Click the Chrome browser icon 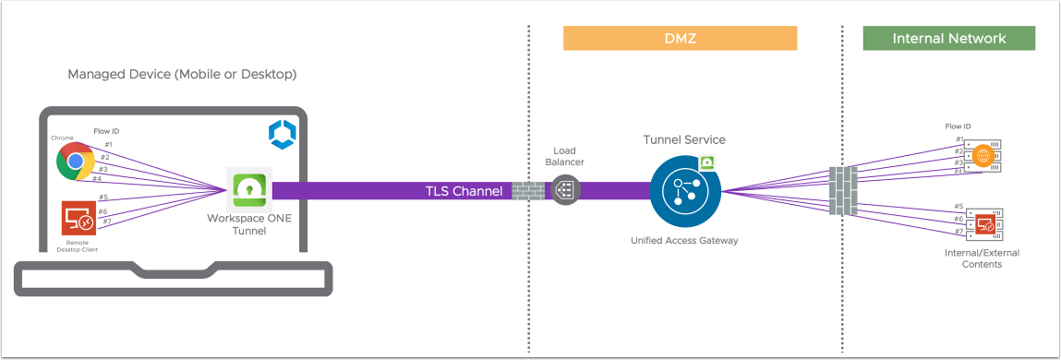coord(74,162)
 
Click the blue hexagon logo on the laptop coord(281,135)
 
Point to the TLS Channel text coord(463,191)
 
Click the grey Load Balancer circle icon coord(564,190)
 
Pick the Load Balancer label coord(564,156)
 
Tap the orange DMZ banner coord(679,38)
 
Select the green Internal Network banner coord(948,38)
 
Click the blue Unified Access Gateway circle coord(684,191)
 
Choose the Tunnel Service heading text coord(684,139)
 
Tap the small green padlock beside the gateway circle coord(706,162)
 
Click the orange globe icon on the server coord(983,156)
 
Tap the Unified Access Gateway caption coord(684,239)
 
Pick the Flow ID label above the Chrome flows coord(107,131)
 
